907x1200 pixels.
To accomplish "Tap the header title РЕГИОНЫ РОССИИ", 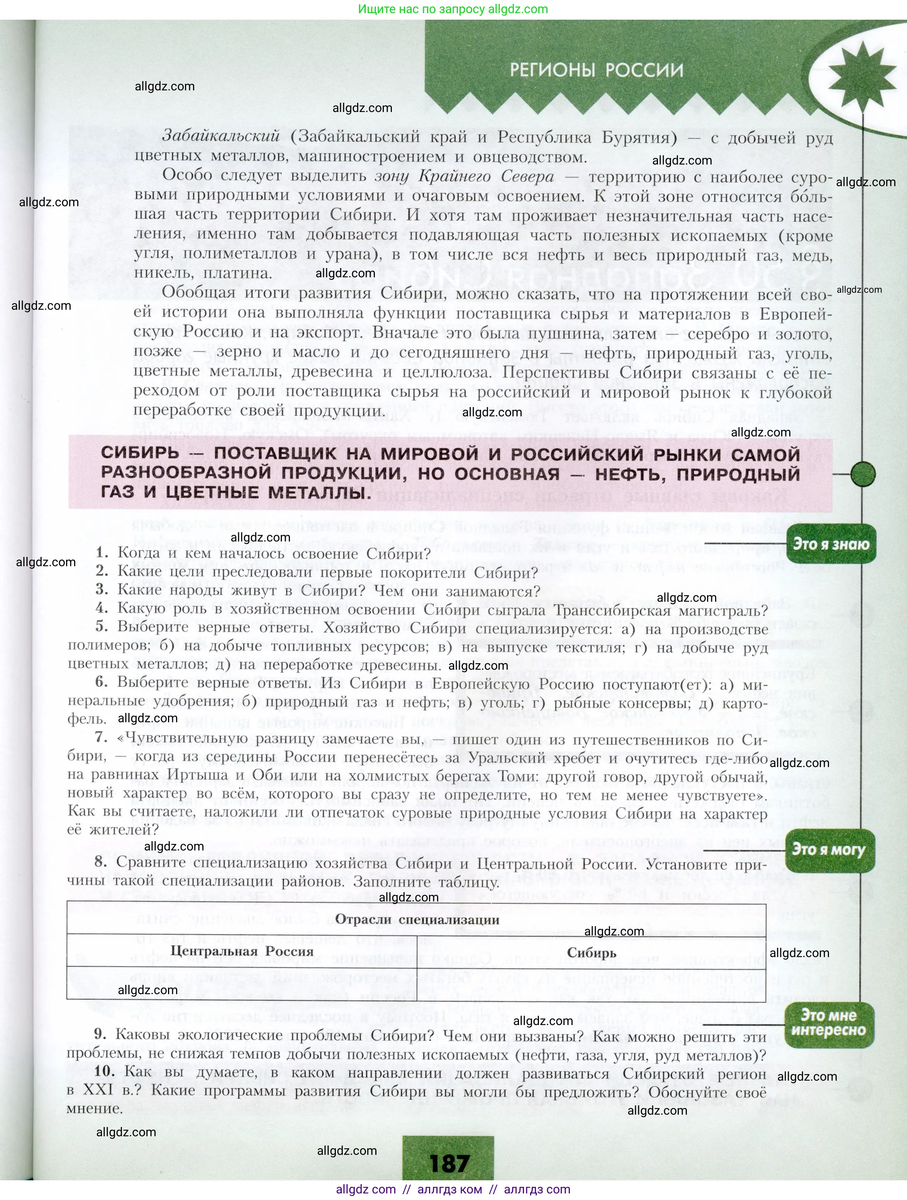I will point(596,71).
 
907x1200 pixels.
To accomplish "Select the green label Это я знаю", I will point(831,544).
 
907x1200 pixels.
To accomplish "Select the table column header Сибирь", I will point(591,952).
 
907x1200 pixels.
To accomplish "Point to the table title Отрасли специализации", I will point(417,920).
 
